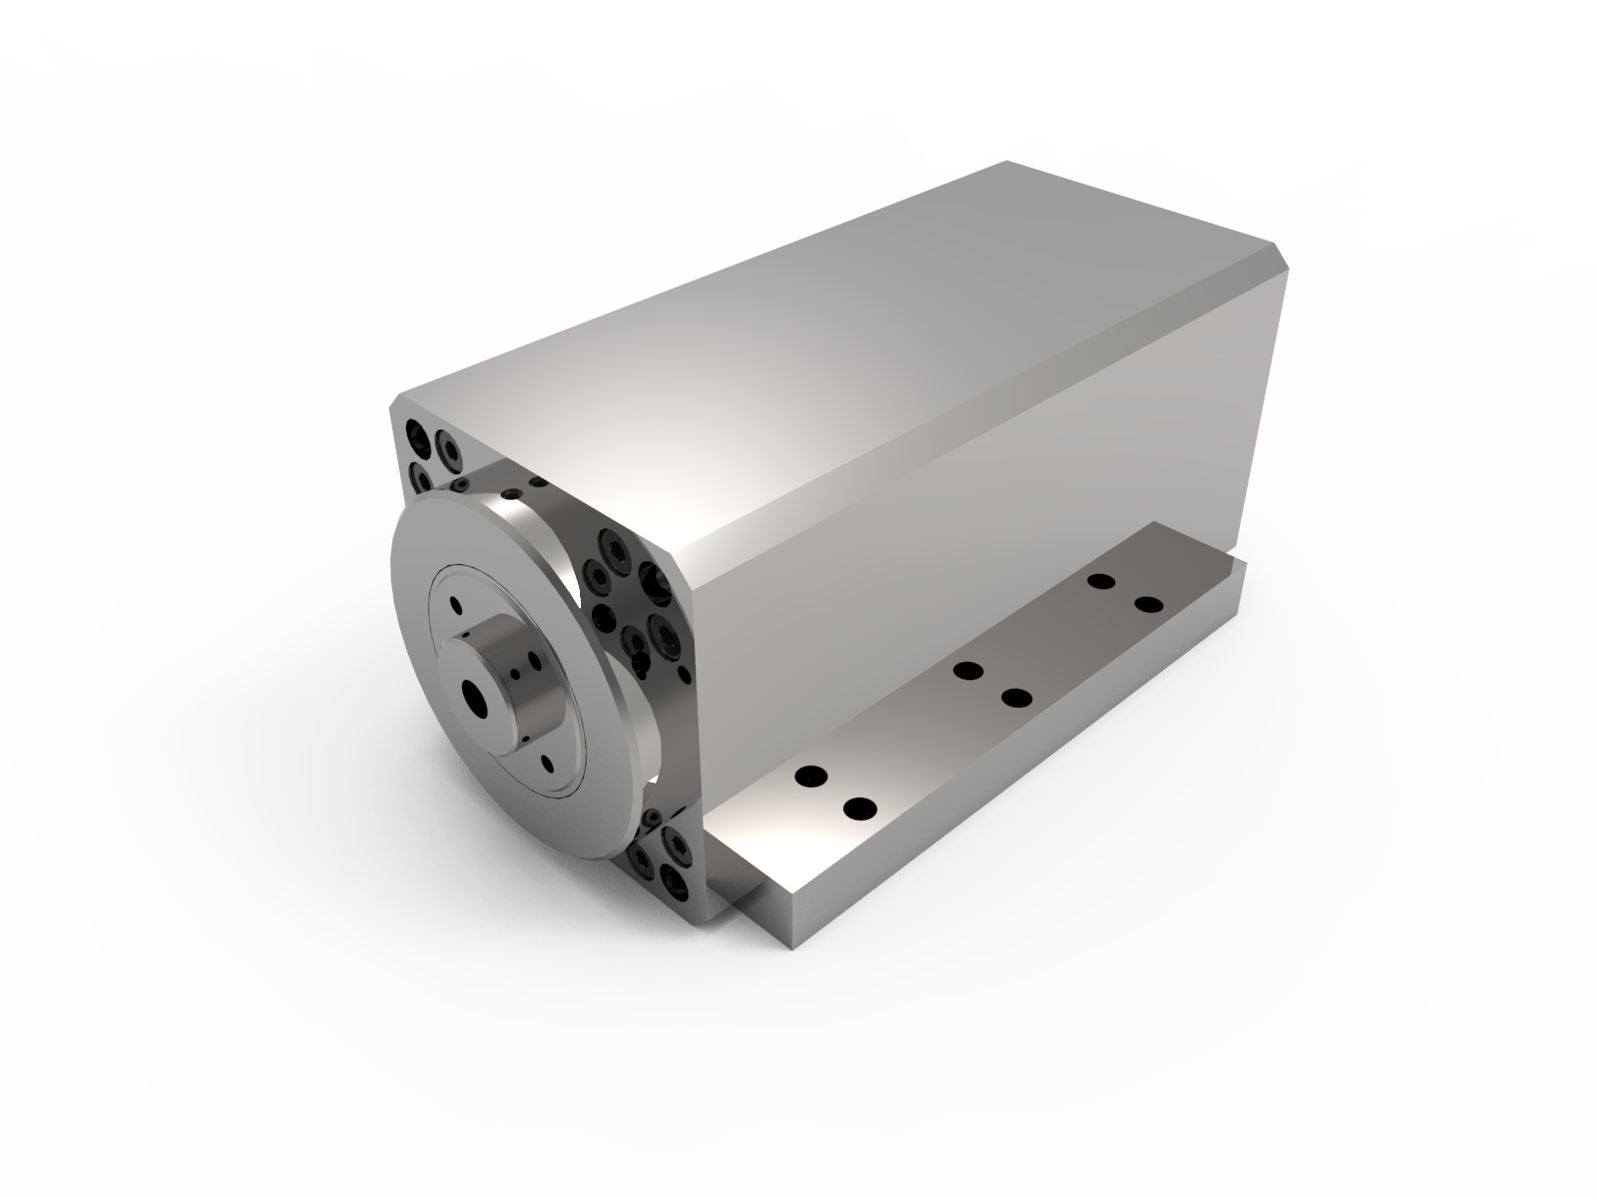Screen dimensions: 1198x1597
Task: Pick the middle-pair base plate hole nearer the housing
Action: click(x=966, y=670)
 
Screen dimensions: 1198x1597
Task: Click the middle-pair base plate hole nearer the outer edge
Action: click(x=1015, y=698)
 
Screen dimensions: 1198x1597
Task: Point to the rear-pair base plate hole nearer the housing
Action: click(x=1101, y=581)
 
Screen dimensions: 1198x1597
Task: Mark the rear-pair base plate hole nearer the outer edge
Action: click(x=1149, y=605)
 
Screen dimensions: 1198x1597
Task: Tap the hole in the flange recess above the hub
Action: click(x=455, y=605)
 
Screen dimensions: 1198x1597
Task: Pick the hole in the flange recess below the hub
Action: click(x=548, y=767)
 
